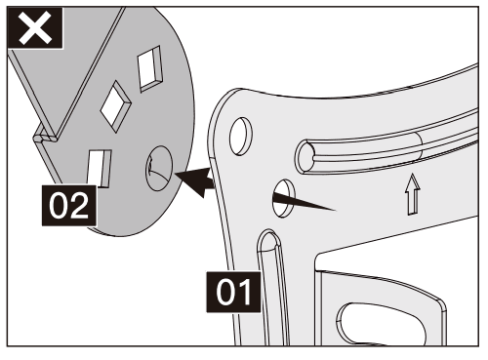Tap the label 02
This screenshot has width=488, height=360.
pos(67,208)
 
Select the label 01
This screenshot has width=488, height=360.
pos(232,291)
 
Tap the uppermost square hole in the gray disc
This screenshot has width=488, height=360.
pos(151,67)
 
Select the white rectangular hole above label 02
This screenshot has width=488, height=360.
pos(100,167)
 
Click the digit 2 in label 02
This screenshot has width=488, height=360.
pos(80,208)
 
